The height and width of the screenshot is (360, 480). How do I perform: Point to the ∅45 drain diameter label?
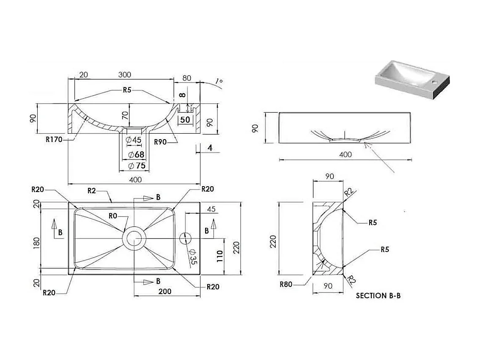click(134, 140)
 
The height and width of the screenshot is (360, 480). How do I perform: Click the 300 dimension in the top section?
click(124, 75)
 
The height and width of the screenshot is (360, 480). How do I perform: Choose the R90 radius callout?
click(160, 142)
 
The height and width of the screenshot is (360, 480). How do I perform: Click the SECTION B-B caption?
click(378, 296)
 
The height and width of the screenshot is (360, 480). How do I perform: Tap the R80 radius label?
click(287, 284)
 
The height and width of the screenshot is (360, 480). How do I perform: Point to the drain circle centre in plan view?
click(134, 238)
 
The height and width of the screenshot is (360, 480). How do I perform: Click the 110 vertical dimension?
click(219, 256)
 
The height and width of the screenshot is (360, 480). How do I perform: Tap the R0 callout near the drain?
click(112, 216)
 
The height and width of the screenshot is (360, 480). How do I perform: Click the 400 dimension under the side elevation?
click(346, 154)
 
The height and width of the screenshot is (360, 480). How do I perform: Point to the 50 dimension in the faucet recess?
click(185, 119)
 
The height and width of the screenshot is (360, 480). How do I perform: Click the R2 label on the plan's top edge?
click(92, 190)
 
